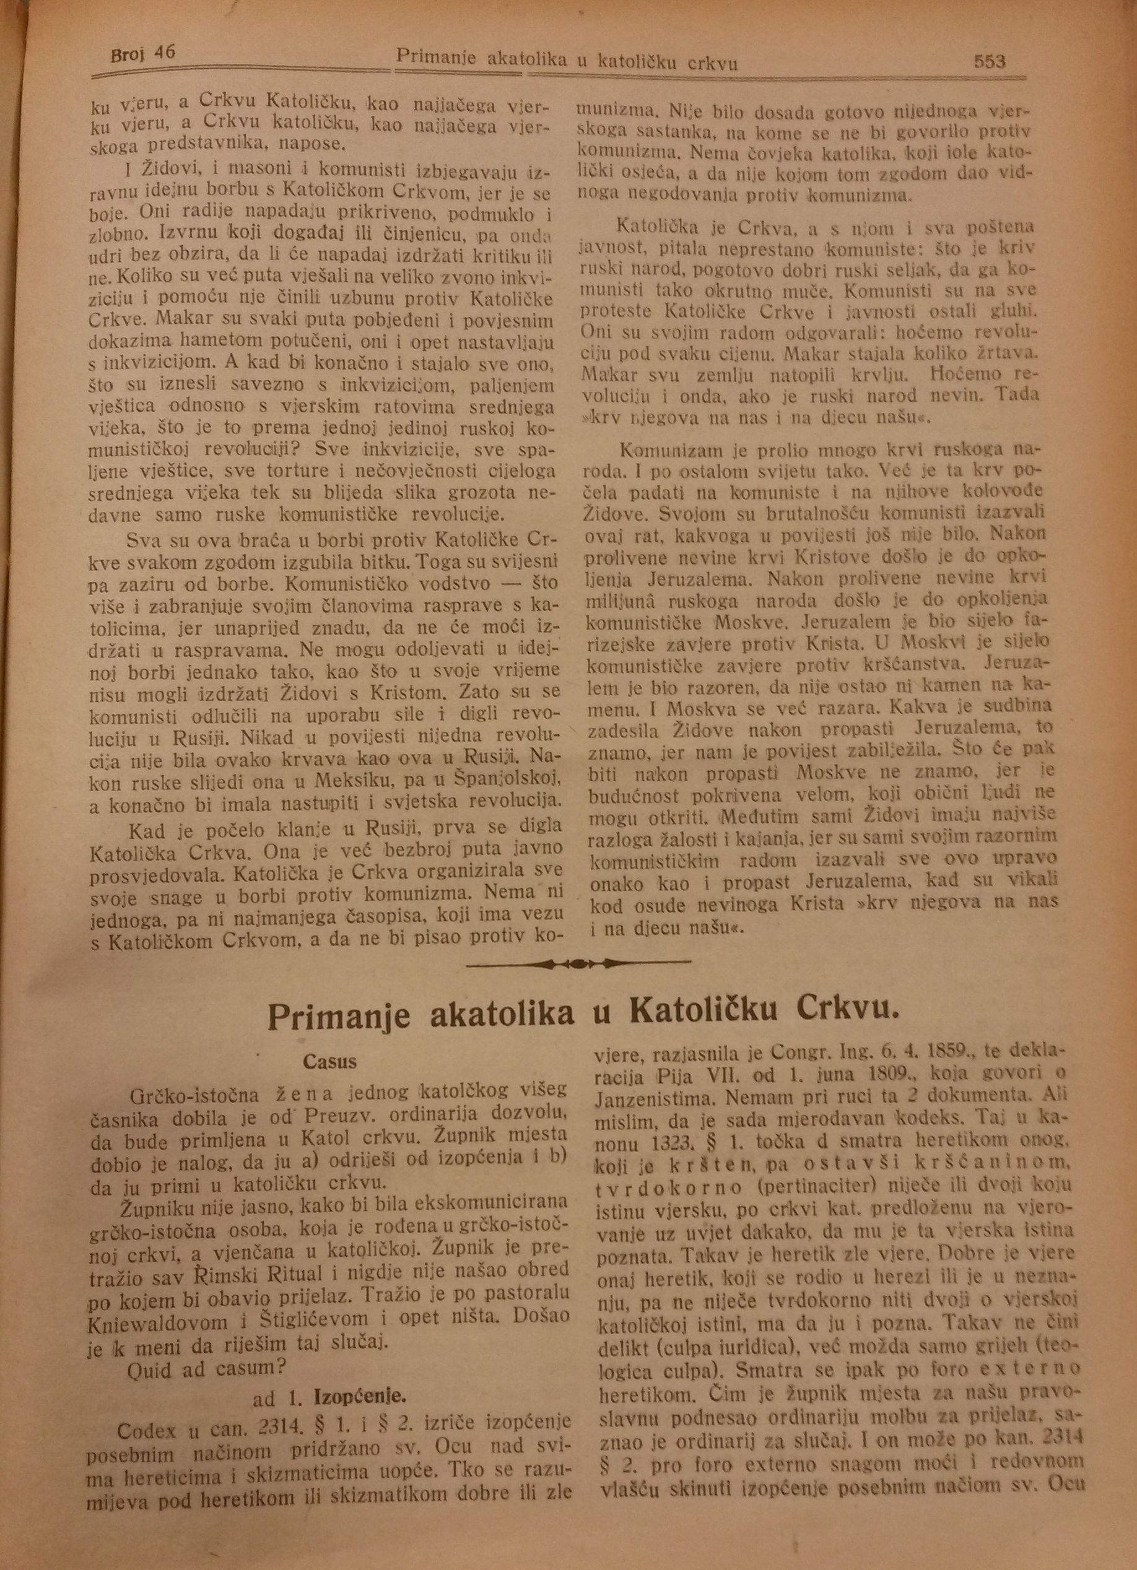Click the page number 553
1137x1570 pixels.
tap(990, 63)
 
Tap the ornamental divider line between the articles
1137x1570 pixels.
tap(579, 963)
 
